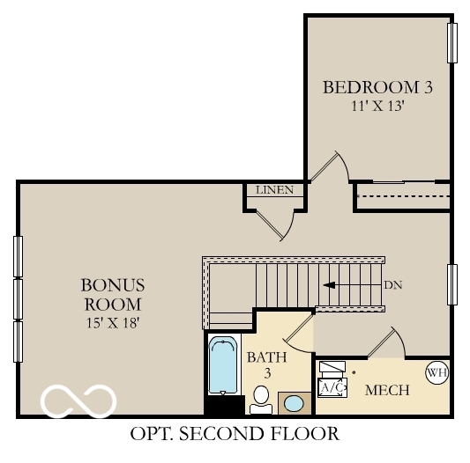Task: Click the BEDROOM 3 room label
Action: [x=377, y=87]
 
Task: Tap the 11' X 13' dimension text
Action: [x=377, y=105]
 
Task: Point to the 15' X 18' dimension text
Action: [x=113, y=322]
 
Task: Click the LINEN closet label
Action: [x=274, y=190]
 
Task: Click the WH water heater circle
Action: [x=437, y=372]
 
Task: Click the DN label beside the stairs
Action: [x=393, y=286]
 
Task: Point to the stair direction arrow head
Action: [x=329, y=285]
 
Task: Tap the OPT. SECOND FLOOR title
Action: [x=234, y=434]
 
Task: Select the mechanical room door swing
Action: [x=388, y=339]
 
